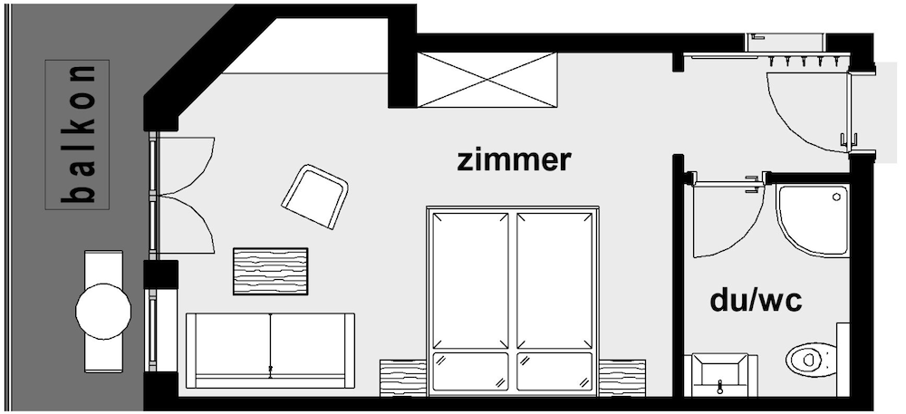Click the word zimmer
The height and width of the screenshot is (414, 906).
point(514,160)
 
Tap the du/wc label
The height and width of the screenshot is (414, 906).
point(756,300)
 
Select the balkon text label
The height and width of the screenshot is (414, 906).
point(77,135)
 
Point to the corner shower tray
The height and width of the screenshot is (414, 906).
point(813,220)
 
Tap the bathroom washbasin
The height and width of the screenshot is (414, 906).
point(720,375)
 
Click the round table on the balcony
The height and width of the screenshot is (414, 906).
point(103,312)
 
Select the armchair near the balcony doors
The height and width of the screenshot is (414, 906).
point(315,197)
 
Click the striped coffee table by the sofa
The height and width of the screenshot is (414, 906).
point(270,272)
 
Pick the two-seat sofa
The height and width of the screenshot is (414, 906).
point(270,351)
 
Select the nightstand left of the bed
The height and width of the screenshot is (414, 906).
point(403,378)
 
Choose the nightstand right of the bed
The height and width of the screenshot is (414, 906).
point(622,378)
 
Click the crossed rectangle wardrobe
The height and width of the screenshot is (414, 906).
point(487,80)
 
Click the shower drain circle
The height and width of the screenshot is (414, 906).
point(836,197)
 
